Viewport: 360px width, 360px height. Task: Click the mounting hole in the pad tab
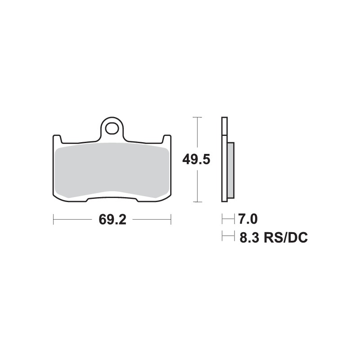pos(112,128)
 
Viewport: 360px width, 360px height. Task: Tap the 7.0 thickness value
pos(247,220)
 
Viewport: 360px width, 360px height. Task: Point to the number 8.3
pos(248,237)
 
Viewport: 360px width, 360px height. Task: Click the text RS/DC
pos(286,237)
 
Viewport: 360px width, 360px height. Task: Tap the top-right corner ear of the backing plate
pos(166,137)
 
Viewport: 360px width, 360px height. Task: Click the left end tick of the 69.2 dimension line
pos(54,220)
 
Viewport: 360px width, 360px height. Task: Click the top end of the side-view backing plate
pos(224,119)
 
